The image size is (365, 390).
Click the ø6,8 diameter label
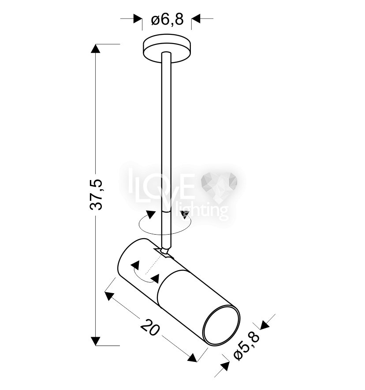(x=167, y=19)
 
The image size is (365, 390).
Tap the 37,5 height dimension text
(x=96, y=195)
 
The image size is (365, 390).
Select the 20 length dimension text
(x=150, y=327)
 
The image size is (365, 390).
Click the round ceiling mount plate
(x=167, y=49)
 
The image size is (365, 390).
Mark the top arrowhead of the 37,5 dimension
(x=95, y=48)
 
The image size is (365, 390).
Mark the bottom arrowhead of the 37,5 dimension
(x=95, y=341)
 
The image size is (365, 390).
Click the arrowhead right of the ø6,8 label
(x=196, y=18)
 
